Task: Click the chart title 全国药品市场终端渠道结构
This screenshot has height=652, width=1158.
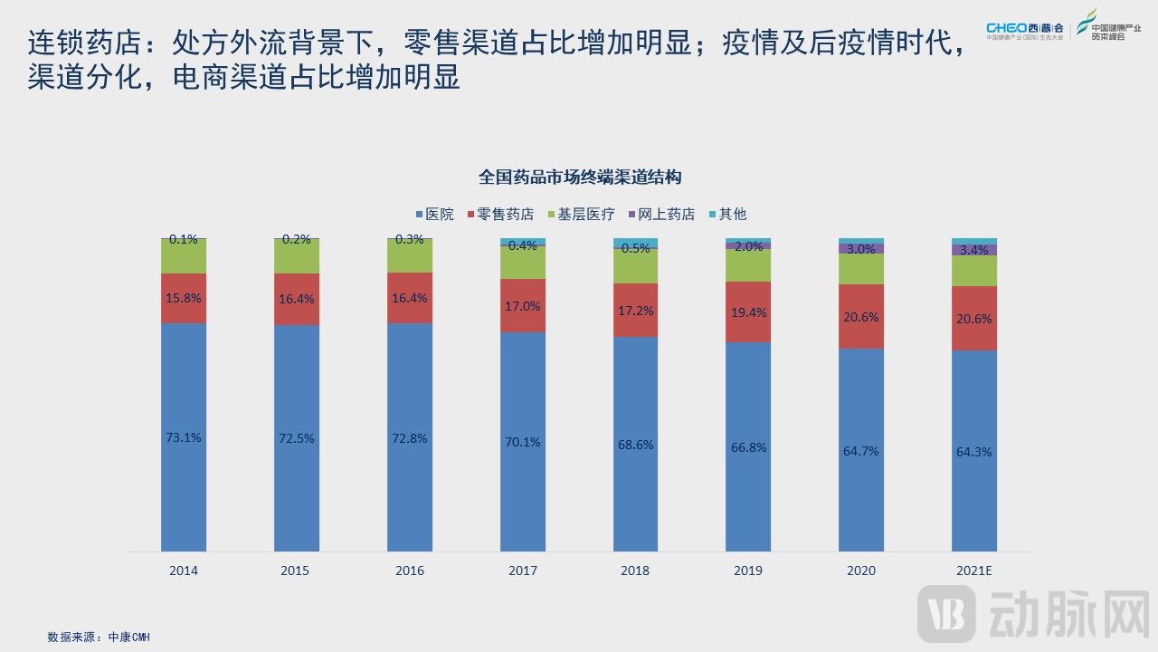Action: pos(579,177)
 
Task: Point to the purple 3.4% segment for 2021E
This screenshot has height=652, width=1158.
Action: pos(974,250)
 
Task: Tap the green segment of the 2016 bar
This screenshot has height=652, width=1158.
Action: pos(410,256)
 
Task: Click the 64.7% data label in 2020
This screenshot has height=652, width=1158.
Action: pos(860,451)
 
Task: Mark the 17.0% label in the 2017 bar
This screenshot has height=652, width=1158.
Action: pos(523,306)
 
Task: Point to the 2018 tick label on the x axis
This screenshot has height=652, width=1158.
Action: pos(635,570)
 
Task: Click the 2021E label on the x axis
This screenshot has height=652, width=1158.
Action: pos(974,570)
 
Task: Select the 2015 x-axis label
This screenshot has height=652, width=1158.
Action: pos(296,570)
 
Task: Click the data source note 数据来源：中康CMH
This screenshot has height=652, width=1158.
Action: pos(99,637)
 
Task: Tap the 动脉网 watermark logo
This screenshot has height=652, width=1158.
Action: pos(1031,613)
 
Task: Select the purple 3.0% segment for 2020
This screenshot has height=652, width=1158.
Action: pos(861,249)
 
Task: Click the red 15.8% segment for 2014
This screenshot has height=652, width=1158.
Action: pos(184,298)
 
